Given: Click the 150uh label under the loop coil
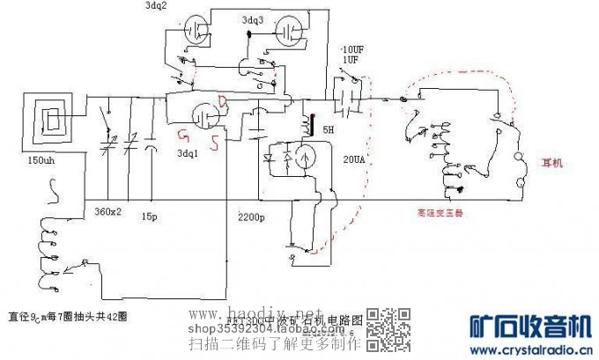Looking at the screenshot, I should coord(41,161).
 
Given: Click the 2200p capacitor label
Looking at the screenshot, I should coord(252,216).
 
